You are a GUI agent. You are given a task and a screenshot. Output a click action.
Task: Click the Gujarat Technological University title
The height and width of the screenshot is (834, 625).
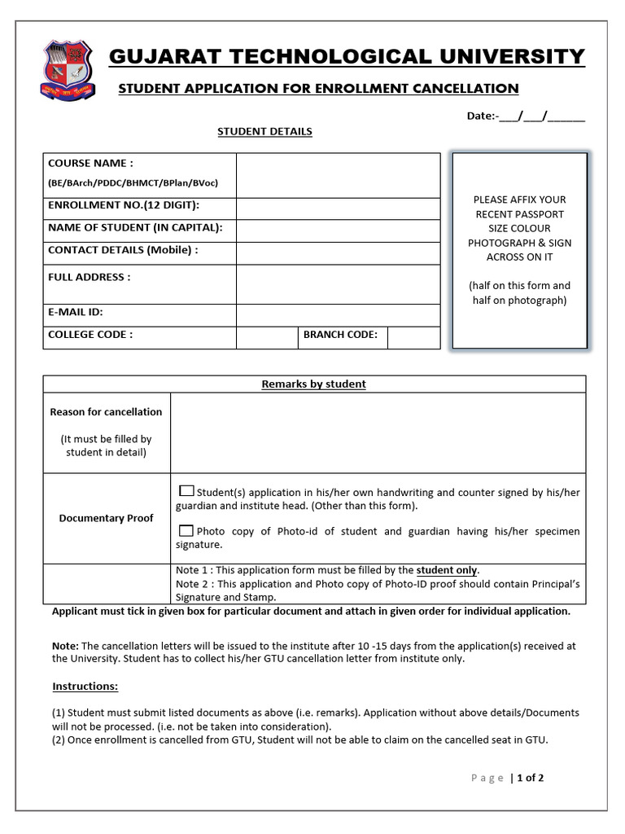347,57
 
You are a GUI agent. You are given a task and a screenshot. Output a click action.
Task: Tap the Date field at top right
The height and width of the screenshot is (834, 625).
525,116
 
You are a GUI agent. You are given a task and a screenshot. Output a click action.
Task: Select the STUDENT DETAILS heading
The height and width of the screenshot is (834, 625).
264,131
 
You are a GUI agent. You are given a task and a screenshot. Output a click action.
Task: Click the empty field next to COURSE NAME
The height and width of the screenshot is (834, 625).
338,174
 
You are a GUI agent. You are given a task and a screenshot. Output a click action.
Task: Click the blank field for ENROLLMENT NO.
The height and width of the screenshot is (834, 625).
338,208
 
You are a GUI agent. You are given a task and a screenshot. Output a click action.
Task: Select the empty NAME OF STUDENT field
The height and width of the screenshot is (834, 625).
338,230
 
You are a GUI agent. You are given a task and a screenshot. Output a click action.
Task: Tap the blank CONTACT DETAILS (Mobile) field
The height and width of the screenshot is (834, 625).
338,252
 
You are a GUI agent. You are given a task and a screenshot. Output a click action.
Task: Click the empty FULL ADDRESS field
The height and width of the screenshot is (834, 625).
338,283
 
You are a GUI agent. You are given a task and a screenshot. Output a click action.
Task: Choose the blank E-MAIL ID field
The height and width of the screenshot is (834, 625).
338,314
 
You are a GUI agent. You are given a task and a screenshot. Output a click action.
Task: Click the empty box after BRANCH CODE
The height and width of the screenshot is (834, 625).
413,337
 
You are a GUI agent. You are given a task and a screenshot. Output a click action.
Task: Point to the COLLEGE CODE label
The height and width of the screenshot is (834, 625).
90,334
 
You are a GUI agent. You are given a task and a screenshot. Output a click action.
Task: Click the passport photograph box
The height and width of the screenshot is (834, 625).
519,251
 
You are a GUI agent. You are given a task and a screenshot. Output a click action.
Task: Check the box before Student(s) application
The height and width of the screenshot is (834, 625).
186,491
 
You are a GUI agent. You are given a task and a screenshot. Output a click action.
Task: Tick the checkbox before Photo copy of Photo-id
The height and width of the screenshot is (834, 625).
186,529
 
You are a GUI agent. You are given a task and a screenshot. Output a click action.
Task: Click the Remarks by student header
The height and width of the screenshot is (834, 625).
313,384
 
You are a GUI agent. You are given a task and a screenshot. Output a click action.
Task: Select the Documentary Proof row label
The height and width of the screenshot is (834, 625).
106,518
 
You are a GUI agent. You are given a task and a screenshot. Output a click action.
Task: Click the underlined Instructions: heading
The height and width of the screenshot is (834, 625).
85,686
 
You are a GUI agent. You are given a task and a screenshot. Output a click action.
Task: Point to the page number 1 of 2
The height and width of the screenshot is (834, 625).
530,778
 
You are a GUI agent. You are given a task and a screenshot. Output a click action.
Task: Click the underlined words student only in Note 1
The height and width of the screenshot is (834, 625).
447,570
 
